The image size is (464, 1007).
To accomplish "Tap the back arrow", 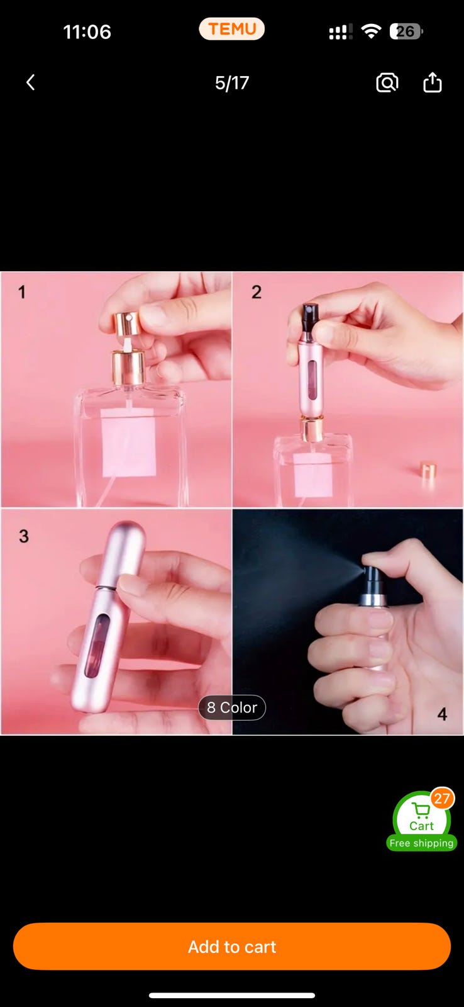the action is pos(31,82).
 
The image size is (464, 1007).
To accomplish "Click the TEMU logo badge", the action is pos(232,29).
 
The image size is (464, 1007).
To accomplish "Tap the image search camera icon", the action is pos(387,82).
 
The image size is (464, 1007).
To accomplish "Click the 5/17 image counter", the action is pos(232,82).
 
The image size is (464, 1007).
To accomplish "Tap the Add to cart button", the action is pos(232,947).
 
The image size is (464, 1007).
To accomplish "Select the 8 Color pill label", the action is pos(232,707).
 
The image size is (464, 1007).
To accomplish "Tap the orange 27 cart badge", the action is pos(442,799).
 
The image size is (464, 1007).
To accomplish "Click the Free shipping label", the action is pos(421,843).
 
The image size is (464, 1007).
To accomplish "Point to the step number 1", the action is pos(21,293).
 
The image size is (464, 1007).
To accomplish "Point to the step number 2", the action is pos(257,292).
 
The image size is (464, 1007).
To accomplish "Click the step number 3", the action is pos(24,536).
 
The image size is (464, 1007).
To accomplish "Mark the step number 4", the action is pos(443,714).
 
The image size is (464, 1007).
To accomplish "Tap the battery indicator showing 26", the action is pos(406,31).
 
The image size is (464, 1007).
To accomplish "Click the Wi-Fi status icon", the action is pos(371,31).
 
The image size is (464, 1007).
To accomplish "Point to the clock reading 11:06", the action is pos(87,32).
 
